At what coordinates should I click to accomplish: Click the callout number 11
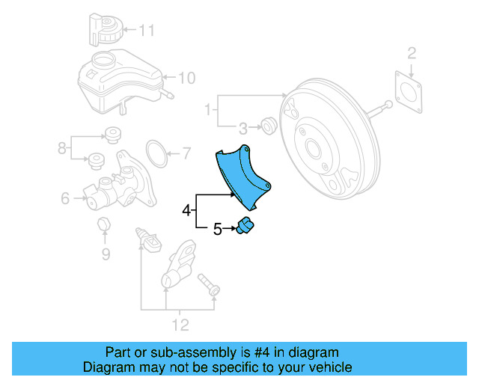point(146,31)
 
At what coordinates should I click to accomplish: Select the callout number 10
point(186,76)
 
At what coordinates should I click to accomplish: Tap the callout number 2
point(411,52)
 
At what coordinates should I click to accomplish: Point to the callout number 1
point(208,111)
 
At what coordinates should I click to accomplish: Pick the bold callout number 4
point(186,211)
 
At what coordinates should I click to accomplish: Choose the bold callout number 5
point(217,230)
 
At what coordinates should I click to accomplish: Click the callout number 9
point(106,254)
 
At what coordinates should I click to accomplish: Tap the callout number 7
point(187,155)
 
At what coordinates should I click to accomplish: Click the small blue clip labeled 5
point(245,226)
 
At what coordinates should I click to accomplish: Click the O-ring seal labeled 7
point(156,153)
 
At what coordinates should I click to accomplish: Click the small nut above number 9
point(105,225)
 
